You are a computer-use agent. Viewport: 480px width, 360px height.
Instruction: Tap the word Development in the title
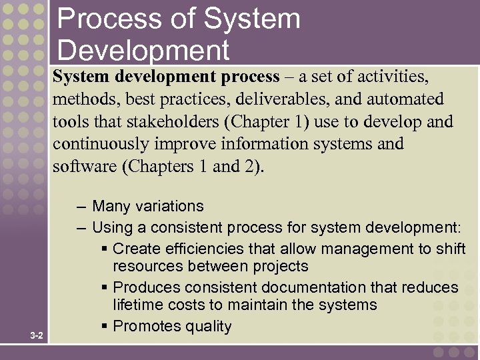143,51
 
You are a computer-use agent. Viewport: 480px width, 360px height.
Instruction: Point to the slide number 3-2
37,335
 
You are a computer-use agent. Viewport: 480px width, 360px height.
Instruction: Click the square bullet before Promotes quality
105,327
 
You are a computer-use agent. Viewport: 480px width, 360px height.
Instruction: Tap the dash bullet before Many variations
81,207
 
